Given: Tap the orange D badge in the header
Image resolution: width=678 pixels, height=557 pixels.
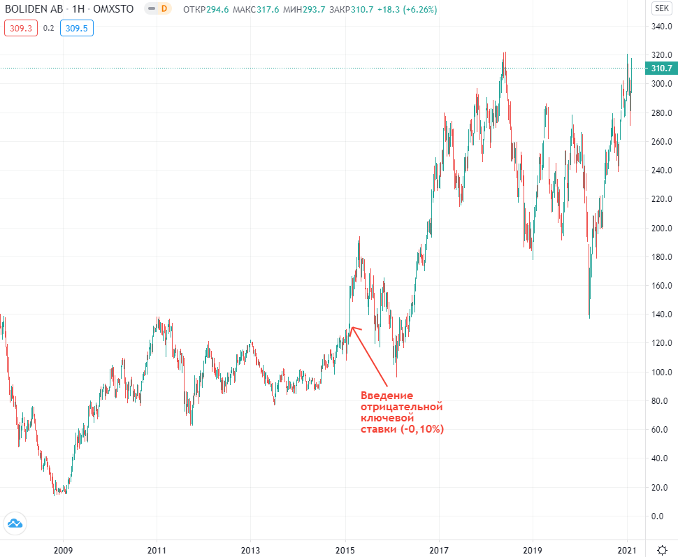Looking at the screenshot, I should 164,9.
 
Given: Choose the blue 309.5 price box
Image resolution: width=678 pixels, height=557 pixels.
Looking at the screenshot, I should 76,28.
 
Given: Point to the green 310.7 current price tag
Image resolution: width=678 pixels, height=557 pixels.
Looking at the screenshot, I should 661,68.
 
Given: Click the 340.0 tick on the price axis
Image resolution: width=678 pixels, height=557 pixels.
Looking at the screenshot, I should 661,27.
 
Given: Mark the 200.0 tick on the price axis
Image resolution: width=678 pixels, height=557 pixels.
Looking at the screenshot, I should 661,229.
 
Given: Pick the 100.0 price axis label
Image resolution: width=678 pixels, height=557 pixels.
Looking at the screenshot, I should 661,372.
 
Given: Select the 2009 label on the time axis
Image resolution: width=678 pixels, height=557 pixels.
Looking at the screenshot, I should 63,550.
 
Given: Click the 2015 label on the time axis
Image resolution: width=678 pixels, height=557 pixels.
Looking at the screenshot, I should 345,550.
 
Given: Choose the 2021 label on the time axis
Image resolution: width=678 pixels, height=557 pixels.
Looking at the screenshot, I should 627,550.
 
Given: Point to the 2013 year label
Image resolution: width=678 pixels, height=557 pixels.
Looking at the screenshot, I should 251,550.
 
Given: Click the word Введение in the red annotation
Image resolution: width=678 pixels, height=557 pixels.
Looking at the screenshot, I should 387,396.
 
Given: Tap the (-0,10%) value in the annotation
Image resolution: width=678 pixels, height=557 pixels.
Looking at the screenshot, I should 422,429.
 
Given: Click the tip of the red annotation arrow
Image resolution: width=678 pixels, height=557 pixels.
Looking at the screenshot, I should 350,326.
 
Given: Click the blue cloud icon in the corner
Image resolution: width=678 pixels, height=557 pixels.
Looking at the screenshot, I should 15,523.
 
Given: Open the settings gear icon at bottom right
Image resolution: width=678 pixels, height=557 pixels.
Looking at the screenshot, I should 661,550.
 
